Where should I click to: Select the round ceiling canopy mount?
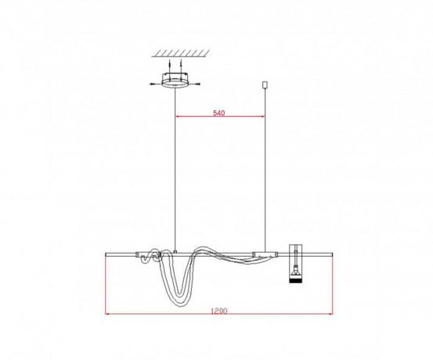175,81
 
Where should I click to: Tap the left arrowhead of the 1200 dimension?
108,315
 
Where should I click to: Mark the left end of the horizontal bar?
106,254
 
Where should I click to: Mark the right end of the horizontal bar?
333,254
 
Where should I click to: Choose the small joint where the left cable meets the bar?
175,251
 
